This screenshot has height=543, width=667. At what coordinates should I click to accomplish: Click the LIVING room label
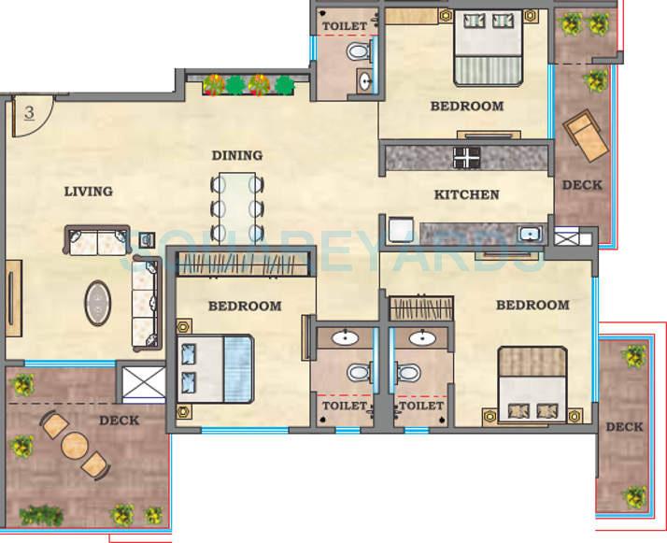click(x=88, y=192)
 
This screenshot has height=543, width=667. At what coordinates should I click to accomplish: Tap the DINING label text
click(x=236, y=155)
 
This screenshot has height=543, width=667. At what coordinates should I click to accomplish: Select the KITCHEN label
click(x=466, y=195)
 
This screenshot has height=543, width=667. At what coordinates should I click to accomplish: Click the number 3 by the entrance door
click(x=29, y=113)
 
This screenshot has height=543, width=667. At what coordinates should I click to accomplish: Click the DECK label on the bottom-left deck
click(x=119, y=421)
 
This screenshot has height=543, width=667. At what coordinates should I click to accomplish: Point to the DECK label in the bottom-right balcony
click(x=623, y=427)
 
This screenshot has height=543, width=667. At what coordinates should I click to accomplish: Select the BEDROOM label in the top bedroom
click(x=466, y=107)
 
